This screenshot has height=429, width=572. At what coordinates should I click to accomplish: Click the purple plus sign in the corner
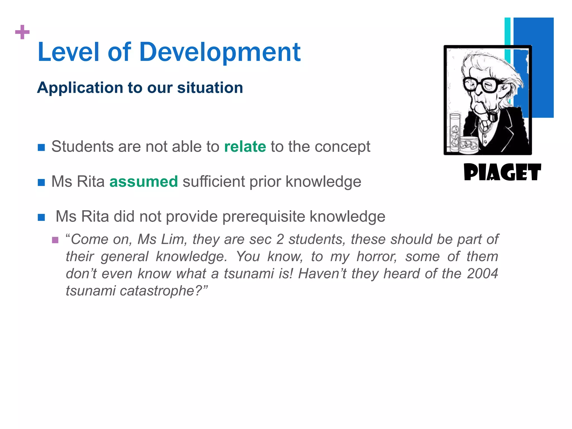(x=22, y=32)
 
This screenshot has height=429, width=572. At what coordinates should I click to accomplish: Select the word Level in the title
(x=68, y=52)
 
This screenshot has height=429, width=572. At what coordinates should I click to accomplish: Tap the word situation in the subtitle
(x=210, y=88)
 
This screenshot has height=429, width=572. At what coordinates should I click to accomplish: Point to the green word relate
(x=245, y=147)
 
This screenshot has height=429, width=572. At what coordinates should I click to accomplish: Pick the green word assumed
(x=144, y=182)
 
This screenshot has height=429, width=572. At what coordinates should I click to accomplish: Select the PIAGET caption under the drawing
(x=502, y=172)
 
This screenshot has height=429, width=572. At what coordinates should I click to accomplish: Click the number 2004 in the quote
(x=482, y=273)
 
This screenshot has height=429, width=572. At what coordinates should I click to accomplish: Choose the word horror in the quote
(x=377, y=256)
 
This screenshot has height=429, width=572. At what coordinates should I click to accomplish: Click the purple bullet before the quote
(x=55, y=240)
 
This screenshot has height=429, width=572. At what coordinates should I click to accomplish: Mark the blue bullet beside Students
(x=41, y=147)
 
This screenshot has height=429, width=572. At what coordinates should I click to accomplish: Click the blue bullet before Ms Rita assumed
(x=41, y=182)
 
